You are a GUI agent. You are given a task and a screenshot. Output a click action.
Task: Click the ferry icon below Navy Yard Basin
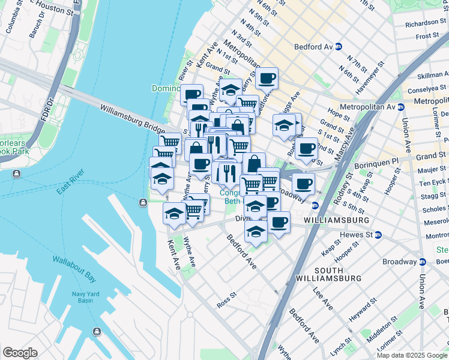tap(96, 332)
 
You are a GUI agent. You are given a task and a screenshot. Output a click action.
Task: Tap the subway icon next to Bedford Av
tap(339, 46)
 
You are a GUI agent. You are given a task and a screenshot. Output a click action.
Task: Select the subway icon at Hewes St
tap(378, 235)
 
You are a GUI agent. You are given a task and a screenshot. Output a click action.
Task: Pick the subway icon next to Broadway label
tap(422, 262)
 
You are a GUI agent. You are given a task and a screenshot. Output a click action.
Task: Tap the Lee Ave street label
tap(323, 298)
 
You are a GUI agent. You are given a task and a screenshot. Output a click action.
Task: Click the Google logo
tap(20, 353)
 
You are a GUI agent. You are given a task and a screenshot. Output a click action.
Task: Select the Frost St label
tap(427, 36)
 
